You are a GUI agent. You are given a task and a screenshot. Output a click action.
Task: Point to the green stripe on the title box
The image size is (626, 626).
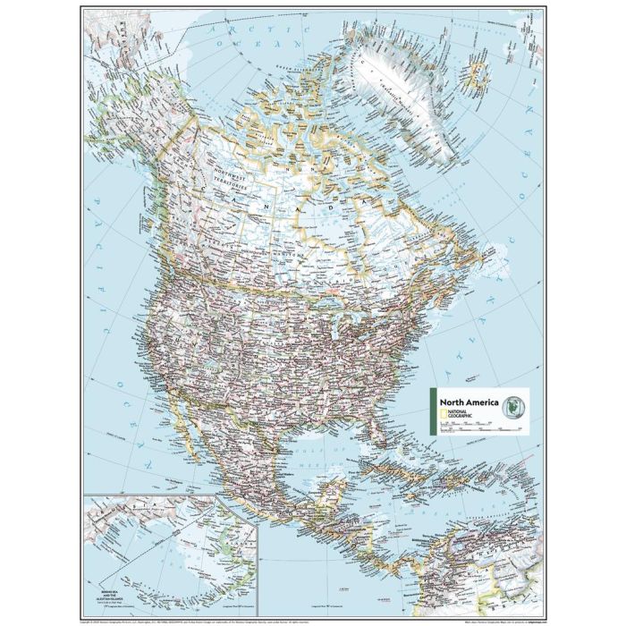pyautogui.click(x=433, y=412)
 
